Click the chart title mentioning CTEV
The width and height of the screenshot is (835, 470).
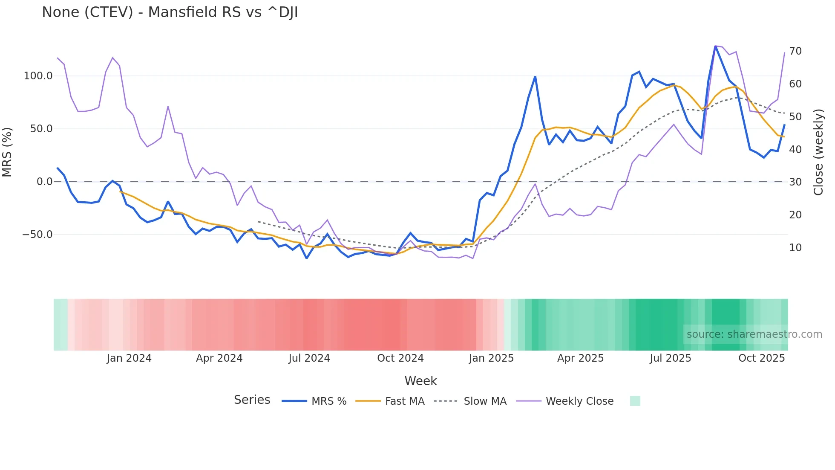[170, 12]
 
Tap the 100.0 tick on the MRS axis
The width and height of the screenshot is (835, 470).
[38, 76]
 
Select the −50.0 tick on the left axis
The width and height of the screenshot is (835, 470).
[37, 235]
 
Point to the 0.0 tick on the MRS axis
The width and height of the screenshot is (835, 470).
[44, 182]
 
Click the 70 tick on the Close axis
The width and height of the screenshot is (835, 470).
[795, 51]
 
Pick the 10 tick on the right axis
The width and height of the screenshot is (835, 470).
[795, 248]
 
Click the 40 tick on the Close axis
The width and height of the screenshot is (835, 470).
[795, 150]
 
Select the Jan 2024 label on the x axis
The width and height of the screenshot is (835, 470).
[129, 358]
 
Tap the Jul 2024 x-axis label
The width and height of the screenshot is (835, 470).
[309, 358]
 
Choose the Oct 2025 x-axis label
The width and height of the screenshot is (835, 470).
[761, 358]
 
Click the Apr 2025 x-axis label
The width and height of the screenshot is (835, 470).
[580, 358]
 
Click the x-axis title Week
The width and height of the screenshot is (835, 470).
[420, 381]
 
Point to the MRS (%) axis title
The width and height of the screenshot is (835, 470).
[7, 152]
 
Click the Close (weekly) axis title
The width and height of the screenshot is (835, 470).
[818, 152]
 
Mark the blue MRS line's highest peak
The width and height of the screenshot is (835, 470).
[715, 46]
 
